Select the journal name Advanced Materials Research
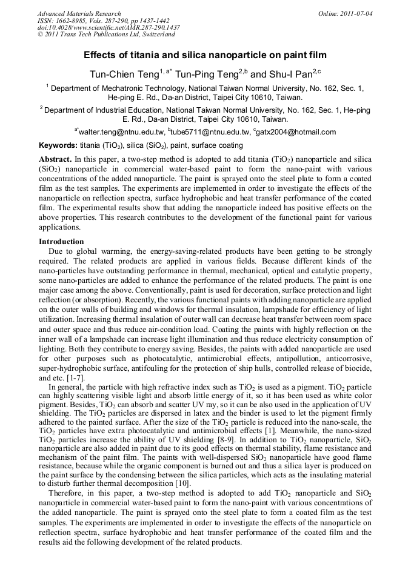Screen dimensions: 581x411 pyautogui.click(x=79, y=13)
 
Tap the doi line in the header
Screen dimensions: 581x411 pyautogui.click(x=109, y=27)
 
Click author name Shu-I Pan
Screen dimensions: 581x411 pyautogui.click(x=290, y=74)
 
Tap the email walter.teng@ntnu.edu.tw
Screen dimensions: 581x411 pyautogui.click(x=121, y=132)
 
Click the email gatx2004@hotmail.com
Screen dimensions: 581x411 pyautogui.click(x=296, y=132)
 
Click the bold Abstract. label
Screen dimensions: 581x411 pyautogui.click(x=55, y=158)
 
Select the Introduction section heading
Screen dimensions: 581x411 pyautogui.click(x=61, y=242)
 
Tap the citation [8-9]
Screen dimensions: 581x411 pyautogui.click(x=228, y=454)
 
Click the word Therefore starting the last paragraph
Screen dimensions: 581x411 pyautogui.click(x=68, y=511)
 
